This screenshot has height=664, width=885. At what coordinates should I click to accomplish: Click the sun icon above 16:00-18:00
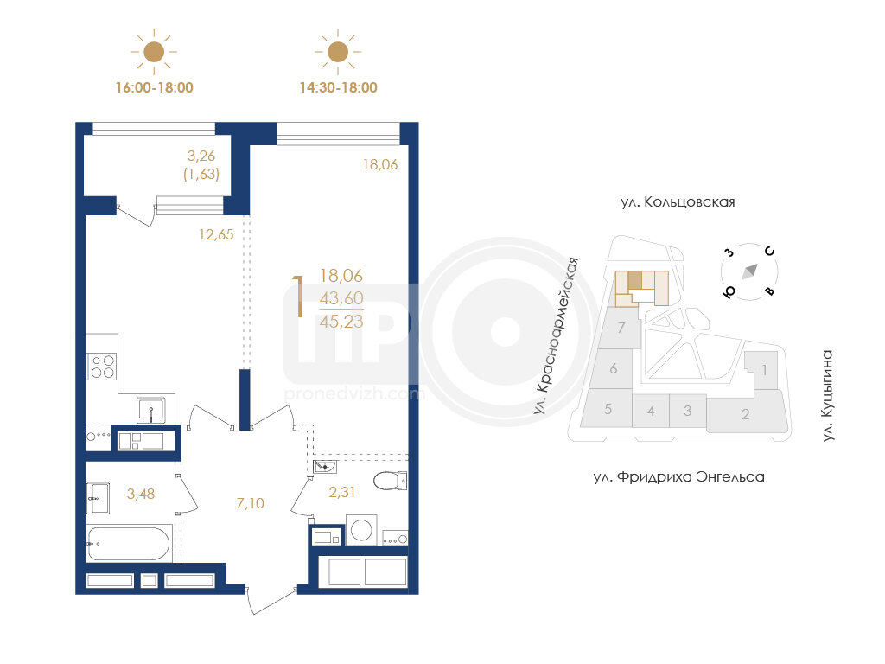[x=154, y=52]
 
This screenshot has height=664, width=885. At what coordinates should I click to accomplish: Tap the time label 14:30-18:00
[x=338, y=87]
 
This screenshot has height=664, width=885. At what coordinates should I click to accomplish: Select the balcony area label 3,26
[x=201, y=156]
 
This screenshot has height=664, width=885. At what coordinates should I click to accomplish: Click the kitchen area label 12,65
[x=216, y=234]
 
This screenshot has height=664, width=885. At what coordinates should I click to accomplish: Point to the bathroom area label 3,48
[x=141, y=494]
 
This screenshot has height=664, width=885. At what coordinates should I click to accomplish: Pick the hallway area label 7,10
[x=250, y=503]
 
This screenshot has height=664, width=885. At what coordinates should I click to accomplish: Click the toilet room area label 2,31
[x=342, y=492]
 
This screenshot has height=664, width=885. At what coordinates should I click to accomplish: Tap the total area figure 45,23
[x=341, y=322]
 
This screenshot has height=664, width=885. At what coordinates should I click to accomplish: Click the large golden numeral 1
[x=298, y=297]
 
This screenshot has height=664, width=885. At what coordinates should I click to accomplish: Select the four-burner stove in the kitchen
[x=103, y=366]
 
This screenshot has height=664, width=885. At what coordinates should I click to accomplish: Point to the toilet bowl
[x=390, y=481]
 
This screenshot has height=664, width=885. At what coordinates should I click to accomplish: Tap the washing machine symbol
[x=361, y=530]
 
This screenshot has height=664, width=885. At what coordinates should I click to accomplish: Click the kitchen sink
[x=151, y=411]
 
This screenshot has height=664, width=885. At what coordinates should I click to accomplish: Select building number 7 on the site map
[x=621, y=328]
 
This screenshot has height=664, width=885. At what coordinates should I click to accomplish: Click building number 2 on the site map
[x=746, y=414]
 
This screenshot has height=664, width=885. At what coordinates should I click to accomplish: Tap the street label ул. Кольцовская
[x=678, y=202]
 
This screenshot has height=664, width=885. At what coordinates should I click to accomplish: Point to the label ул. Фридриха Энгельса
[x=679, y=477]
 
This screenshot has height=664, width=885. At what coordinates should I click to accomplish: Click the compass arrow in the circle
[x=749, y=271]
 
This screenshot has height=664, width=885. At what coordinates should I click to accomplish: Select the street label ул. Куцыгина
[x=827, y=396]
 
